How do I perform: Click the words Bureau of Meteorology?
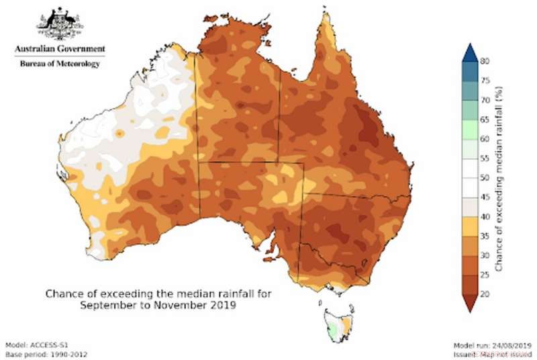click(60, 64)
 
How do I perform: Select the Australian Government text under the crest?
click(60, 50)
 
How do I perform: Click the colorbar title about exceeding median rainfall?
click(501, 178)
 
